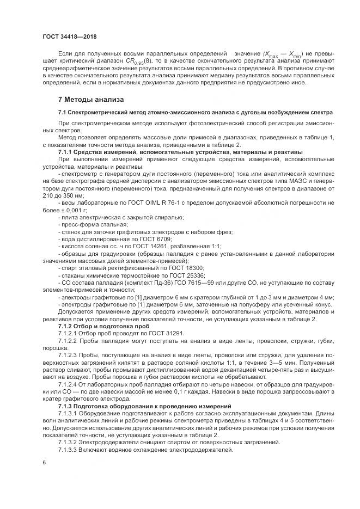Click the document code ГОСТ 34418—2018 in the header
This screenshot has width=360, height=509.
click(66, 36)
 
